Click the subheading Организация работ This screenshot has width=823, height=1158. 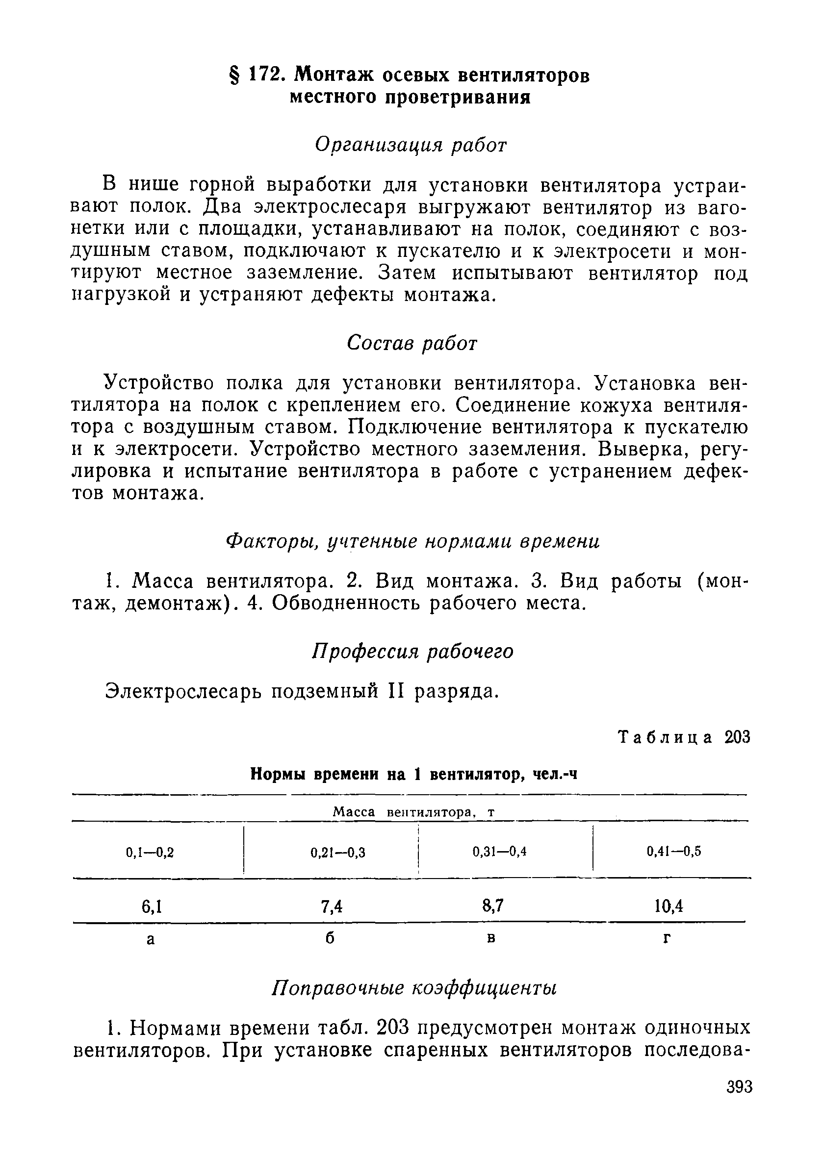[x=411, y=146]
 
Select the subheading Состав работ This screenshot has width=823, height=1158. [x=412, y=344]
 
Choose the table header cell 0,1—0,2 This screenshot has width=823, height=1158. [x=150, y=853]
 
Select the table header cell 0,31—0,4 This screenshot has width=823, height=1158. [x=500, y=852]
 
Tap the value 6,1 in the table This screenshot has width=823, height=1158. [x=152, y=906]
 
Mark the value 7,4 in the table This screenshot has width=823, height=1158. [x=332, y=906]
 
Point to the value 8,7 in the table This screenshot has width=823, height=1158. [x=492, y=905]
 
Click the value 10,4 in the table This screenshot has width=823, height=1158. [x=669, y=906]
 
